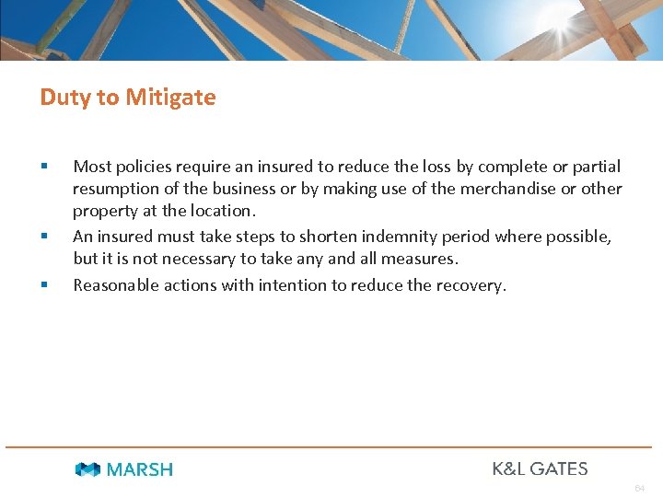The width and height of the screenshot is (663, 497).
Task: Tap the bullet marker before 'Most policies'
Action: [x=43, y=166]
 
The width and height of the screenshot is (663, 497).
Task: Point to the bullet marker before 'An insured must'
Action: [x=43, y=237]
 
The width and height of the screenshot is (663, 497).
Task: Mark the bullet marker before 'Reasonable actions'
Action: [x=43, y=284]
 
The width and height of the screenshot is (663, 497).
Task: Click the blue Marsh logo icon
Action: [x=88, y=469]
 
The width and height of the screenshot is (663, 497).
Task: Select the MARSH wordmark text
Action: [x=139, y=469]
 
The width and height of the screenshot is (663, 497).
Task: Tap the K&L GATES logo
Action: [x=540, y=468]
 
